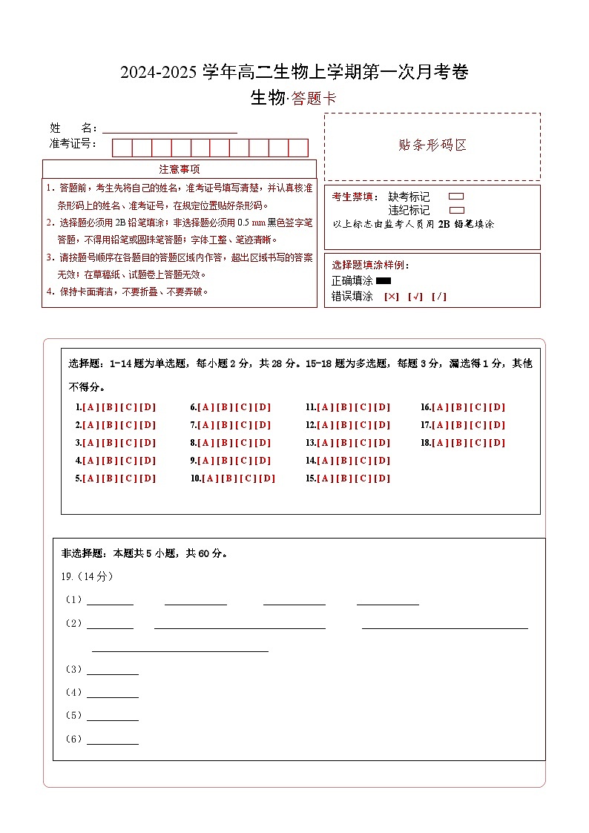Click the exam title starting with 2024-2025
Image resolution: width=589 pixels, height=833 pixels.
click(294, 73)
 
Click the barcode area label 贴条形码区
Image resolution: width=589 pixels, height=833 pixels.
click(432, 145)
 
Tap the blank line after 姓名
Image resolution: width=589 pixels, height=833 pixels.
click(170, 128)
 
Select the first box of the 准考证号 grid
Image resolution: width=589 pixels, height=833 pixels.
click(122, 148)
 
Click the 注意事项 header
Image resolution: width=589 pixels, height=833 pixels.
click(179, 169)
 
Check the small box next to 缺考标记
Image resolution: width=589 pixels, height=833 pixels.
click(457, 197)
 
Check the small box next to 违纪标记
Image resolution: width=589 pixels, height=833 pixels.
click(457, 210)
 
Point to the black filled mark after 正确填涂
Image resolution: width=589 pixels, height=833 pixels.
click(384, 281)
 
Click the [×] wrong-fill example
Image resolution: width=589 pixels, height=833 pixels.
click(391, 297)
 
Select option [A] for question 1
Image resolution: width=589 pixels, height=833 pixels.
click(91, 407)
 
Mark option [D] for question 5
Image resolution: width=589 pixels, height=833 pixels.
click(148, 478)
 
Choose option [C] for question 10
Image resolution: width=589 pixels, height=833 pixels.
click(248, 478)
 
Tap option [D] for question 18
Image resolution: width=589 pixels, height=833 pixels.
click(497, 443)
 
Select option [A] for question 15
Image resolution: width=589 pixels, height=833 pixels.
click(324, 478)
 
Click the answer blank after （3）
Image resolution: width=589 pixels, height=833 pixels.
click(113, 670)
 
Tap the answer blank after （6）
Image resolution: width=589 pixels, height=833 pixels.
click(113, 740)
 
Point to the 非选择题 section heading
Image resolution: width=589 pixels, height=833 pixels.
click(82, 553)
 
